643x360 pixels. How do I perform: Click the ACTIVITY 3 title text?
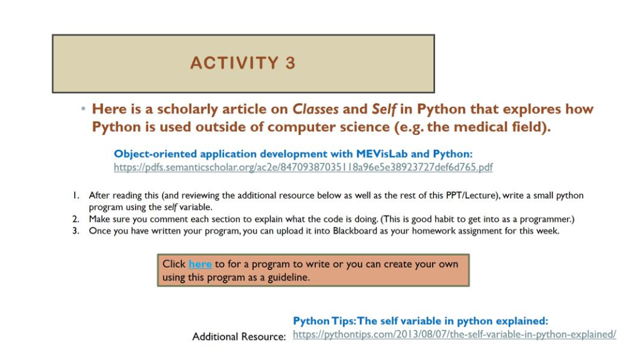[x=242, y=63]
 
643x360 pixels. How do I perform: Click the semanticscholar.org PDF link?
[x=303, y=167]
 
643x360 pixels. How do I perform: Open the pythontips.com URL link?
[x=454, y=334]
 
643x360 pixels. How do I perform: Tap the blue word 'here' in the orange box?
[x=200, y=264]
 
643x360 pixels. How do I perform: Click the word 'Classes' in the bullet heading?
[x=316, y=109]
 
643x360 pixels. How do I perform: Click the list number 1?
[x=75, y=195]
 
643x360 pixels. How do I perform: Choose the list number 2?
[x=75, y=219]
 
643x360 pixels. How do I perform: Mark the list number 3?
[x=75, y=231]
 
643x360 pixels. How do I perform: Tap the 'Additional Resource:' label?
[x=239, y=337]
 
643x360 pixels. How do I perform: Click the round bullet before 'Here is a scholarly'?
[x=83, y=109]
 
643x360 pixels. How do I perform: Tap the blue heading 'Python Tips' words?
[x=323, y=321]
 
